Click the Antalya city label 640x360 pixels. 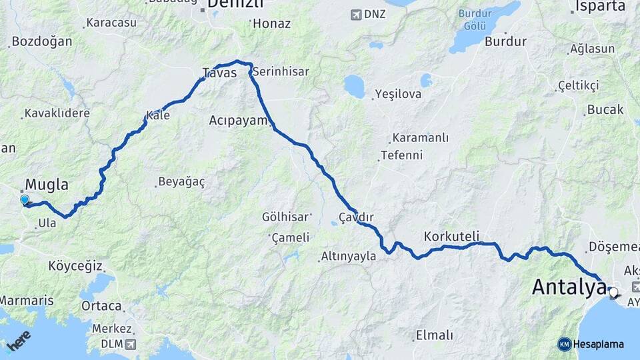(569, 288)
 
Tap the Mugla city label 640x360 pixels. (47, 185)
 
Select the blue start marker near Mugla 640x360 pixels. (25, 199)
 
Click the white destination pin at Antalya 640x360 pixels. (613, 291)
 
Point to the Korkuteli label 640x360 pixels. (451, 236)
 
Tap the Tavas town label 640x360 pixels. (219, 73)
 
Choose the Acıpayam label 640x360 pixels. (238, 120)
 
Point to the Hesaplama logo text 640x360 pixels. (598, 344)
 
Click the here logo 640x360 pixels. (19, 341)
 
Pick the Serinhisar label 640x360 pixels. (281, 71)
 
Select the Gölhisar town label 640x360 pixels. (286, 217)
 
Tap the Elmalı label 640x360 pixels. (434, 335)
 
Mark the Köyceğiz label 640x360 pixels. (75, 267)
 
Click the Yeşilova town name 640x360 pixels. (398, 94)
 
